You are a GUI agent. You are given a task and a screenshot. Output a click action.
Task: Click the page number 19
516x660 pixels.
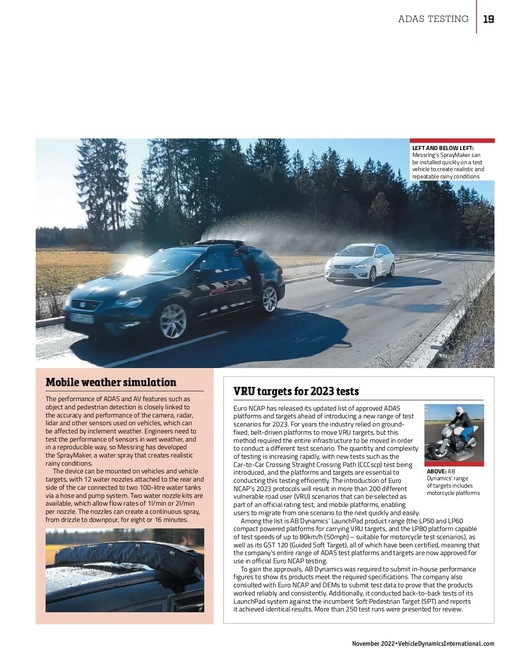(x=488, y=19)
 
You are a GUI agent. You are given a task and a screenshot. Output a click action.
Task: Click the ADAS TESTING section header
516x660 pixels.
(x=433, y=19)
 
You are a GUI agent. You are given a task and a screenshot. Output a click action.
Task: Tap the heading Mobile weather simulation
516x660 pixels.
(x=111, y=382)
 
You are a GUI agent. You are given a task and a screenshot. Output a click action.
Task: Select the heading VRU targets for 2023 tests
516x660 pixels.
(x=296, y=391)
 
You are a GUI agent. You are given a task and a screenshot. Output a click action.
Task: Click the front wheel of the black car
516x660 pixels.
(x=173, y=321)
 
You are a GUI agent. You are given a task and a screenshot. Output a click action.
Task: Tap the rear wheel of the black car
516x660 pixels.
(x=270, y=298)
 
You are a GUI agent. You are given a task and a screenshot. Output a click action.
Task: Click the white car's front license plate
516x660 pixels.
(x=342, y=271)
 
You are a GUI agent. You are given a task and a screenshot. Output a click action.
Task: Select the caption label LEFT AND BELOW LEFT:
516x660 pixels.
(x=443, y=148)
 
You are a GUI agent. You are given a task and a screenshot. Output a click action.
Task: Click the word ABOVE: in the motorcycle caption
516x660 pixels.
(x=436, y=471)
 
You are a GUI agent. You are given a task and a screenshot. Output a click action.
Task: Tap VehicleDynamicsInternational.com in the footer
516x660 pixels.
(x=446, y=644)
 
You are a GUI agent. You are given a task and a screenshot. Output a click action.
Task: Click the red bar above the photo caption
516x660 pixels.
(x=452, y=141)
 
